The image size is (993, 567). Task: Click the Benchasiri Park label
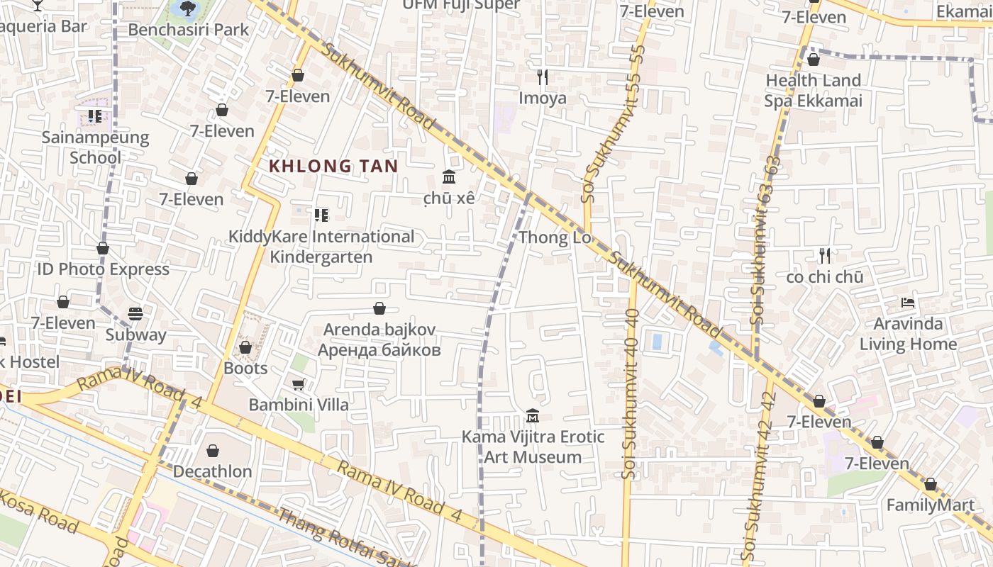pyautogui.click(x=189, y=30)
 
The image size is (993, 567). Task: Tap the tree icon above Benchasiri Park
pyautogui.click(x=187, y=9)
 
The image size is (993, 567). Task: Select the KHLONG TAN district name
pyautogui.click(x=333, y=167)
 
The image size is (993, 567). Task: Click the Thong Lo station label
pyautogui.click(x=555, y=237)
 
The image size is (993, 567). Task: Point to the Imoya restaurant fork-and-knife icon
pyautogui.click(x=543, y=77)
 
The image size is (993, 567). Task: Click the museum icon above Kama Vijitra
pyautogui.click(x=533, y=415)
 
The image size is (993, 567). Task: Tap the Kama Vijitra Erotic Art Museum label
pyautogui.click(x=533, y=447)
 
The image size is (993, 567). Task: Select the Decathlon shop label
pyautogui.click(x=212, y=471)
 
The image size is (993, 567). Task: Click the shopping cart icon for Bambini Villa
pyautogui.click(x=299, y=384)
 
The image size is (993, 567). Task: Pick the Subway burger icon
pyautogui.click(x=135, y=313)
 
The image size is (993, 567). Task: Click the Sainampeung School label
pyautogui.click(x=95, y=147)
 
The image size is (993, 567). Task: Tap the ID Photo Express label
pyautogui.click(x=103, y=269)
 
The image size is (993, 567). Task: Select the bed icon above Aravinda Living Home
pyautogui.click(x=907, y=303)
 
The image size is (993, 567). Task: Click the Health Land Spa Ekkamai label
pyautogui.click(x=813, y=91)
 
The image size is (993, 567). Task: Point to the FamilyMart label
pyautogui.click(x=930, y=505)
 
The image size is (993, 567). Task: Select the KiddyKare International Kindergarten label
pyautogui.click(x=321, y=246)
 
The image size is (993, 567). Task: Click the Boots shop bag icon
pyautogui.click(x=245, y=347)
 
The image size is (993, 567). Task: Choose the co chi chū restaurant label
pyautogui.click(x=824, y=277)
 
